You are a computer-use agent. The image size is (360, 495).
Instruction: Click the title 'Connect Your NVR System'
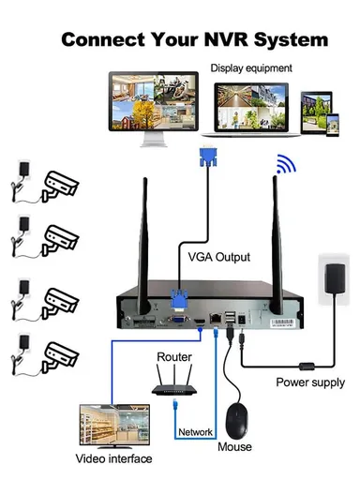pos(194,40)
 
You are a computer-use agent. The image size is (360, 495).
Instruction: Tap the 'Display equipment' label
pos(250,67)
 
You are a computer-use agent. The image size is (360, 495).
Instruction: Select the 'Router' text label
pos(174,357)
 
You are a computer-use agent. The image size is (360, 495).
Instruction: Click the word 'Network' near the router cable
pos(196,432)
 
